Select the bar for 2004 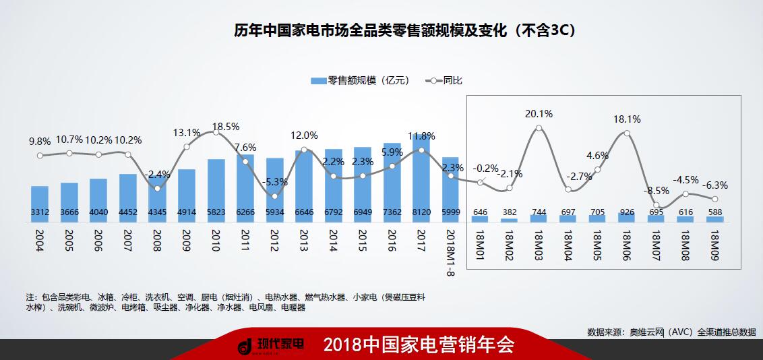pyautogui.click(x=40, y=204)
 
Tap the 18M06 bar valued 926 pyautogui.click(x=627, y=217)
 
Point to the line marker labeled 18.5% pyautogui.click(x=216, y=132)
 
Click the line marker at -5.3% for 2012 pyautogui.click(x=274, y=196)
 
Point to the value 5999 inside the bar pyautogui.click(x=451, y=212)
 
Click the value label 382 pyautogui.click(x=509, y=212)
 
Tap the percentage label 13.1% pyautogui.click(x=187, y=132)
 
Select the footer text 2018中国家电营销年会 pyautogui.click(x=419, y=346)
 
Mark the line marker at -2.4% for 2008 pyautogui.click(x=157, y=188)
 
